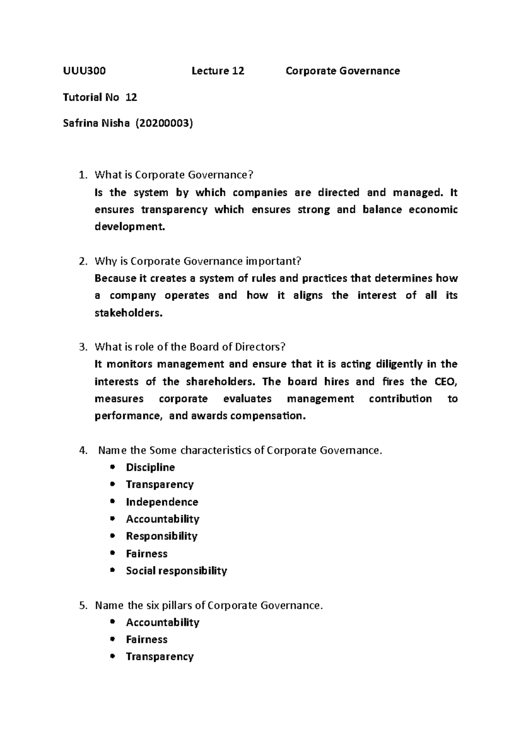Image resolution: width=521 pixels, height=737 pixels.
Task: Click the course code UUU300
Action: point(84,71)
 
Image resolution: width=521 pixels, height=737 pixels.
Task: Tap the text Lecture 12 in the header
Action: point(218,71)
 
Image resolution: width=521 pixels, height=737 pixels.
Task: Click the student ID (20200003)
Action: point(164,124)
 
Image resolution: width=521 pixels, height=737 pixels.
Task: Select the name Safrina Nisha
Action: point(96,124)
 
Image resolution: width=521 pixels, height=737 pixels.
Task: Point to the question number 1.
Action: point(82,175)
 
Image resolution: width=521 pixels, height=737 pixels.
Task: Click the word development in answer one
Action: point(130,227)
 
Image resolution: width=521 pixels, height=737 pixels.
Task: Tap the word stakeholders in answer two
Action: point(129,313)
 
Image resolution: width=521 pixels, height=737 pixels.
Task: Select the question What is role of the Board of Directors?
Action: point(190,347)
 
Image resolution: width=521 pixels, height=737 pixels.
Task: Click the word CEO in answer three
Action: point(445,382)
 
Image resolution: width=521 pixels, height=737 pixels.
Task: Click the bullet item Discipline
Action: point(150,467)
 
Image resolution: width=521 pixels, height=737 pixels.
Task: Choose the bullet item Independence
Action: point(162,502)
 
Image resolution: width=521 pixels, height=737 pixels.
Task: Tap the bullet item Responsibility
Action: point(162,536)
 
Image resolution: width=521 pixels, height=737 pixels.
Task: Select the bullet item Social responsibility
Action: point(176,571)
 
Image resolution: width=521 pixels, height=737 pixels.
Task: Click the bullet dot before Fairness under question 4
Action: point(113,553)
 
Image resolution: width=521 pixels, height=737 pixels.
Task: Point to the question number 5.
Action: point(82,605)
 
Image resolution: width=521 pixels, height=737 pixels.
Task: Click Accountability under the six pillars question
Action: point(162,622)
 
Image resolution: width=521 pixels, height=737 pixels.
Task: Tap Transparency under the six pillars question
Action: point(159,657)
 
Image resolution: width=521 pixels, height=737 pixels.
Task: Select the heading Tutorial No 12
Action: point(100,98)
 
